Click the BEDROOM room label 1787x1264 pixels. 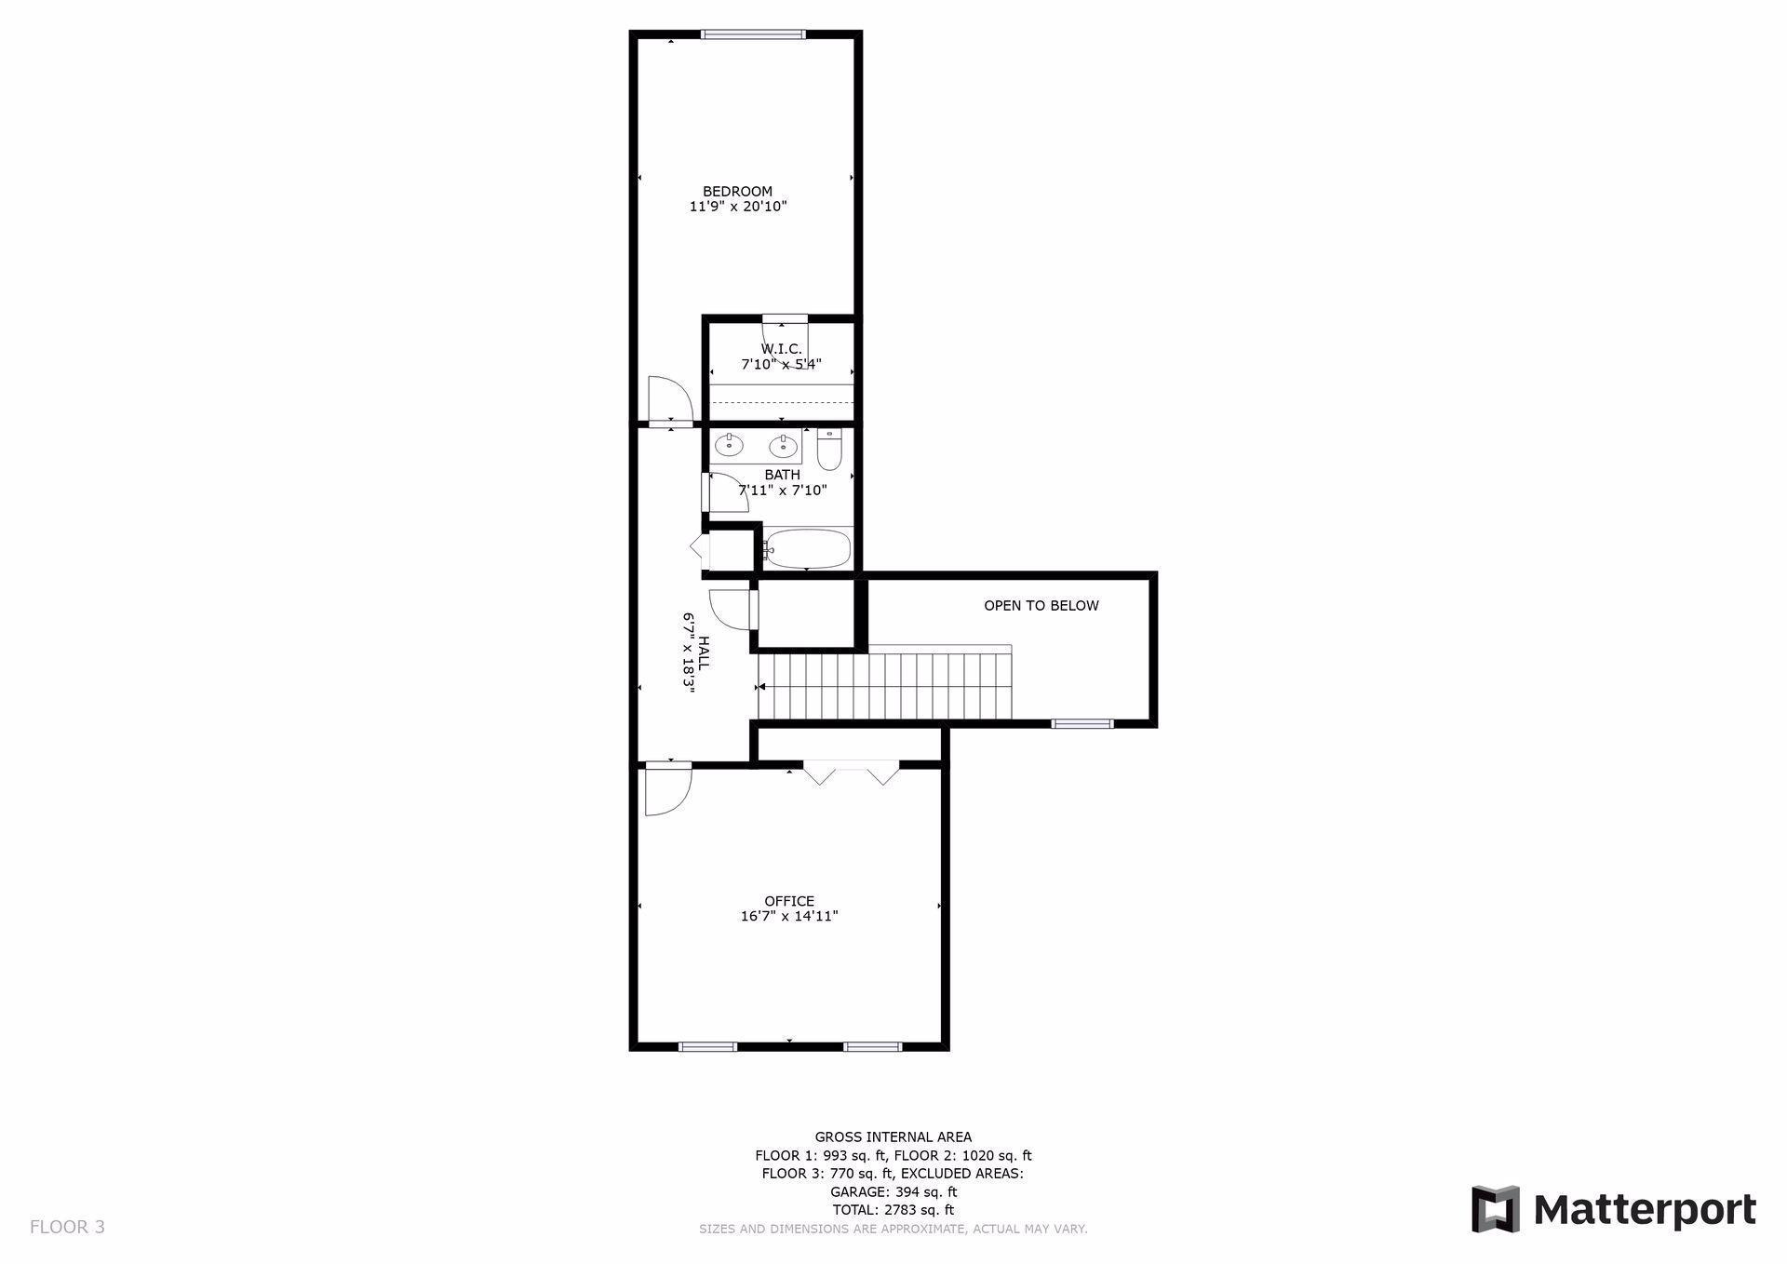coord(737,192)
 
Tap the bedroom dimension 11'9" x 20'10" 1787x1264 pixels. coord(738,207)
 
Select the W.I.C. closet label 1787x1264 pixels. coord(781,349)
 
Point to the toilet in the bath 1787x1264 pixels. coord(829,449)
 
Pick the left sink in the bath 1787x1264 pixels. coord(730,446)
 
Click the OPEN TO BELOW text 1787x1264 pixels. coord(1041,606)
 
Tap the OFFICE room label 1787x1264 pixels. coord(789,901)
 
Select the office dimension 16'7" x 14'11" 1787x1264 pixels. coord(789,916)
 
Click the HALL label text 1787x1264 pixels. coord(704,653)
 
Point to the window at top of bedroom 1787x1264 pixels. coord(752,35)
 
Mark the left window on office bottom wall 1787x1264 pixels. coord(708,1046)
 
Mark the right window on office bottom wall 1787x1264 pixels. coord(873,1046)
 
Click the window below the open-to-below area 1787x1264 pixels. coord(1082,723)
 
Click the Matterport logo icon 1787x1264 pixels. coord(1496,1209)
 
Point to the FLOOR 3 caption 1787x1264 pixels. coord(67,1227)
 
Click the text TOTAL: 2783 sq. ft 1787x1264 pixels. coord(893,1210)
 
